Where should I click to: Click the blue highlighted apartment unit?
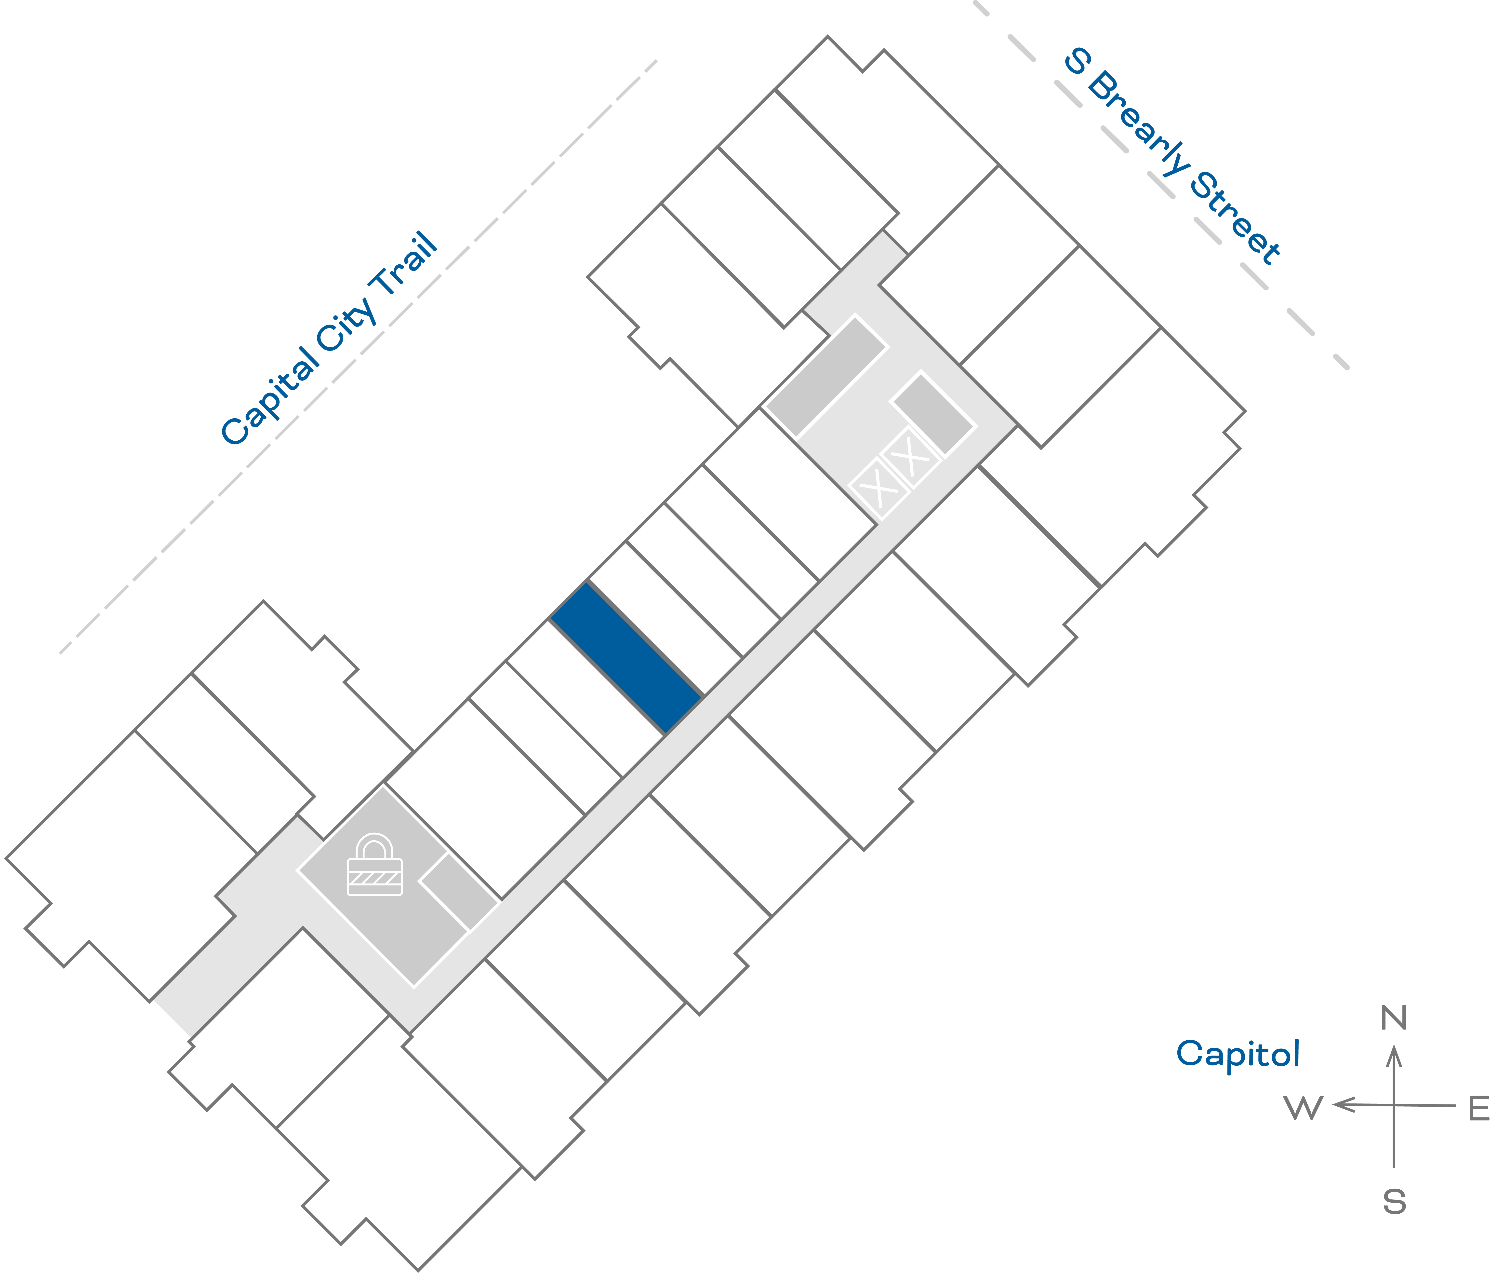point(626,656)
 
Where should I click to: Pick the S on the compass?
point(1394,1202)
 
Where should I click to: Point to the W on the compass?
point(1303,1109)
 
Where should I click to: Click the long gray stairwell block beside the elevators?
point(826,376)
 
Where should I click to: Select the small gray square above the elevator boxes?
point(933,413)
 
